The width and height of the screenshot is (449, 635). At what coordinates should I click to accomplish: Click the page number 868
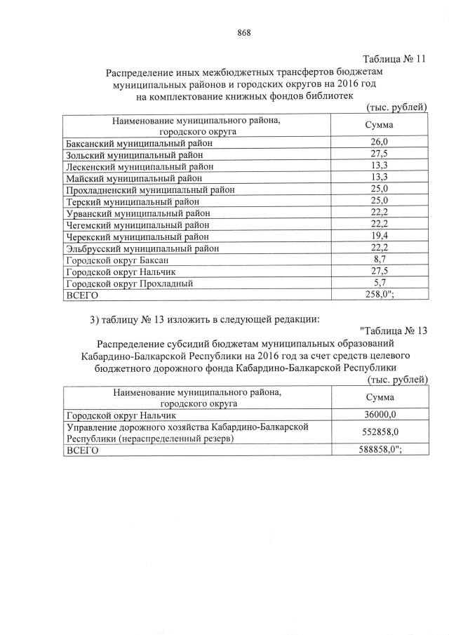[x=244, y=33]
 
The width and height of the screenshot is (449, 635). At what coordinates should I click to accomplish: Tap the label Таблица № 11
[x=394, y=59]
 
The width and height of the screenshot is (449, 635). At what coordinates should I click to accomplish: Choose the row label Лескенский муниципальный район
[x=139, y=166]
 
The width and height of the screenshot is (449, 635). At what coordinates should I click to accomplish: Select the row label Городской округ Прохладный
[x=128, y=284]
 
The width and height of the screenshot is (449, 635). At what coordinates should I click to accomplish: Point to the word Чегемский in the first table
[x=88, y=225]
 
